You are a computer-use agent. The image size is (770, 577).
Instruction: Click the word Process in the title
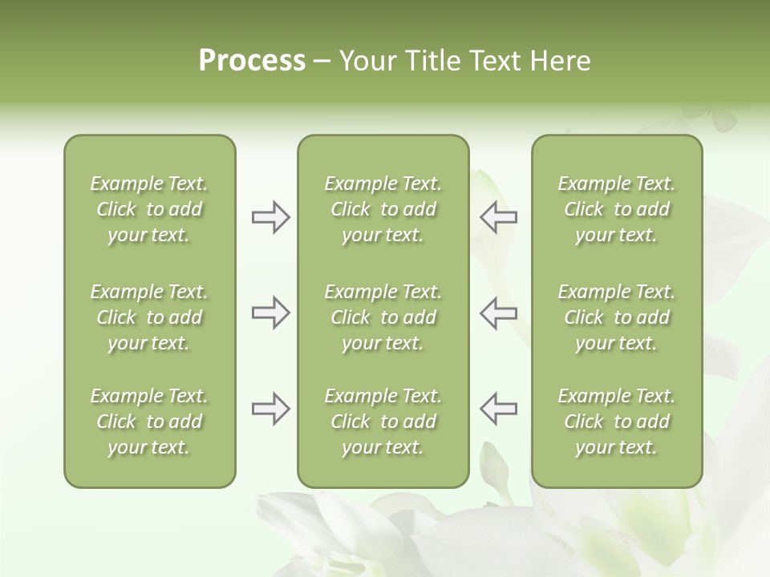coord(252,61)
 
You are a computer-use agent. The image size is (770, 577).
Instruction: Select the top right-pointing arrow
coord(270,217)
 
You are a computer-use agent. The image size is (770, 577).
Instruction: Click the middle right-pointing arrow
coord(270,313)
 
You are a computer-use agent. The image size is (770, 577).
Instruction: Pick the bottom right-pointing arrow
coord(270,409)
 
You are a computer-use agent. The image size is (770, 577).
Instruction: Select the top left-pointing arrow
coord(498,217)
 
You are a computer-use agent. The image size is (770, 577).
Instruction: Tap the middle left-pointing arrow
coord(498,313)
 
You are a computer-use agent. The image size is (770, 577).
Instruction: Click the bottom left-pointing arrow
coord(498,409)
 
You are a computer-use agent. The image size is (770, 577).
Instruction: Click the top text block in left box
coord(149,209)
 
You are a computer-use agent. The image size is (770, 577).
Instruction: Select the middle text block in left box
coord(149,317)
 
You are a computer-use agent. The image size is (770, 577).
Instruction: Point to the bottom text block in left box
coord(149,422)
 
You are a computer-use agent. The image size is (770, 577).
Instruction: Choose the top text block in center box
coord(383,209)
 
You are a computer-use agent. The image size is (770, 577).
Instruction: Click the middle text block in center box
coord(383,317)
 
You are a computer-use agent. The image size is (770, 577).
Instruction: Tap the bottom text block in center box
coord(383,422)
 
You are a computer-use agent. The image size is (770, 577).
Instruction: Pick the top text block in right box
coord(616,209)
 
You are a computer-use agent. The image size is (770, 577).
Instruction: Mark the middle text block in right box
coord(616,317)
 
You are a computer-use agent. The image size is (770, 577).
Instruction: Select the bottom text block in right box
coord(616,422)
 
